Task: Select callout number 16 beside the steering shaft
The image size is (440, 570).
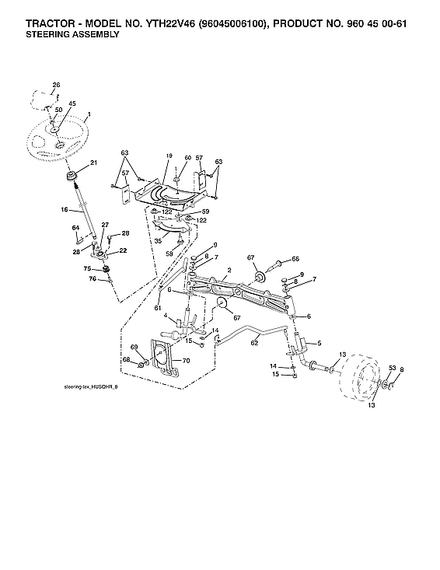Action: (x=65, y=210)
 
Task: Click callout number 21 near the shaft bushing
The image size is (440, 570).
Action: (x=94, y=163)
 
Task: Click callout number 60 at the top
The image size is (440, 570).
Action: (x=187, y=158)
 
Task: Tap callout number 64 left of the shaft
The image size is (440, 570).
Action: (x=76, y=227)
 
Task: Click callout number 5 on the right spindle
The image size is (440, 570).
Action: (x=318, y=342)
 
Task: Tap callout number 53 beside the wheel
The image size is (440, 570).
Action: (x=392, y=368)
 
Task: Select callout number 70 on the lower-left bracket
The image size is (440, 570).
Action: (x=186, y=360)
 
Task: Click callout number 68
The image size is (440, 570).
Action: (x=126, y=359)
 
